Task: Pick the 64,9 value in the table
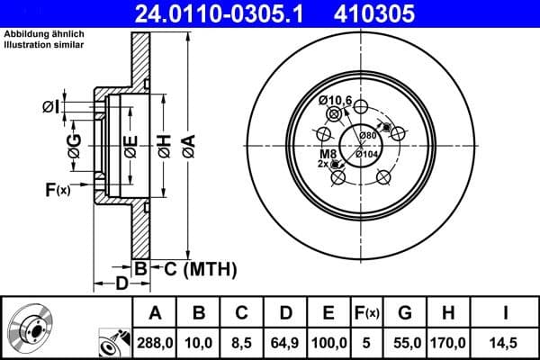pyautogui.click(x=283, y=342)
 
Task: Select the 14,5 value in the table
pyautogui.click(x=507, y=342)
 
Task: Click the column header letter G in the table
pyautogui.click(x=405, y=313)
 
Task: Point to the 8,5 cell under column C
pyautogui.click(x=241, y=342)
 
